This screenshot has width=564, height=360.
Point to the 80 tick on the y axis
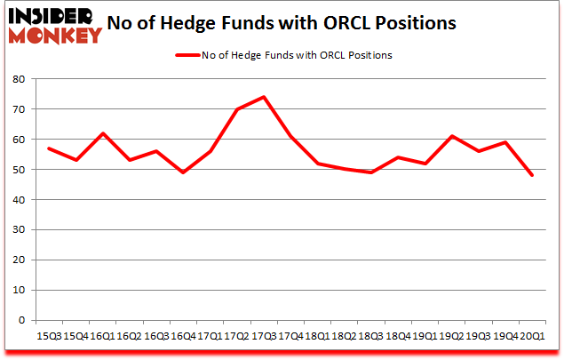pos(18,79)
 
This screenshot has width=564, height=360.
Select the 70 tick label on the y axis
pos(18,109)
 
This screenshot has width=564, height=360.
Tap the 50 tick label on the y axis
pos(18,170)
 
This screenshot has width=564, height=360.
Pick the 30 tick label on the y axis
pos(18,230)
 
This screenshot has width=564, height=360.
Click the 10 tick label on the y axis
pos(18,291)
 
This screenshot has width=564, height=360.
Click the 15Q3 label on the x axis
pos(48,337)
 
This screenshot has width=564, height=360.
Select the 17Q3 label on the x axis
pos(264,337)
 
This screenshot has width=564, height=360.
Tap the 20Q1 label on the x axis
pos(533,337)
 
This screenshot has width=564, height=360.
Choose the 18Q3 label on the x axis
pos(371,337)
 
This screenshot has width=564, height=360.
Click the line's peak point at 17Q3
pos(264,97)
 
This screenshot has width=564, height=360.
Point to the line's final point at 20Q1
pos(533,175)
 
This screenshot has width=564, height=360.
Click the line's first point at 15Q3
pos(48,148)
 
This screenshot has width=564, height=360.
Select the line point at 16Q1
pos(102,133)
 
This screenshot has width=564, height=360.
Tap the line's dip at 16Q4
pos(183,172)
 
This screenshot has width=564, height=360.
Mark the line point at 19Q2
pos(452,136)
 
